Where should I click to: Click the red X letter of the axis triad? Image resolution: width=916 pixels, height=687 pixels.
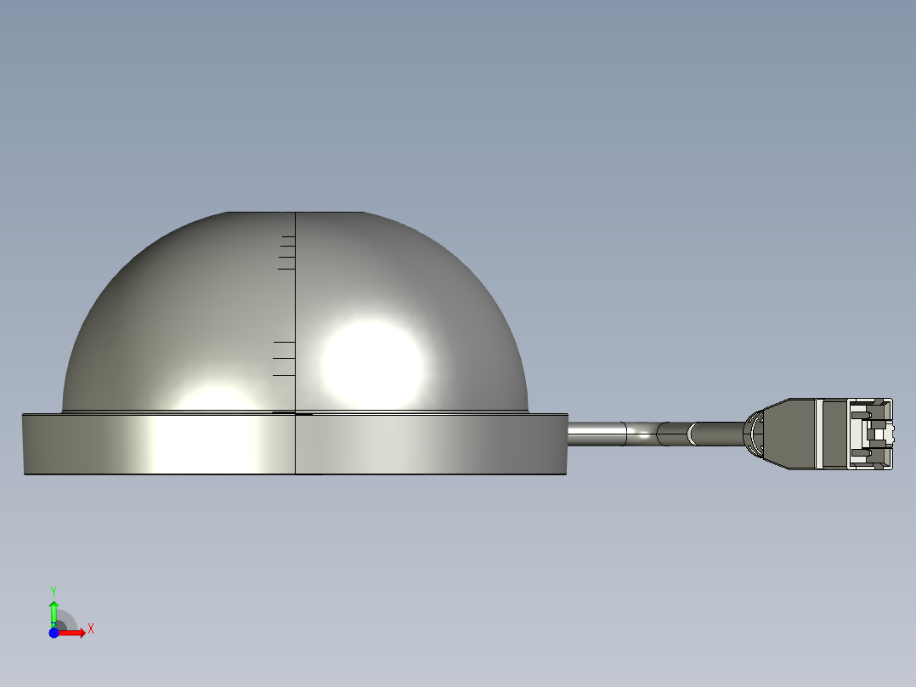tap(91, 629)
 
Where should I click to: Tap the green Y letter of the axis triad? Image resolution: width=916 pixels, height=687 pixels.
tap(54, 591)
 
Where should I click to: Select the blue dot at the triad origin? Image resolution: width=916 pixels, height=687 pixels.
tap(54, 633)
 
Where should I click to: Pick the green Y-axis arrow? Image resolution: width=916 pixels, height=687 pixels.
tap(54, 614)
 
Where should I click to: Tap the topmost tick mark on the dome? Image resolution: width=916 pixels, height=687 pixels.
tap(289, 236)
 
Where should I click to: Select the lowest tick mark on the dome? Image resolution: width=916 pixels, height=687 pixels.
tap(284, 375)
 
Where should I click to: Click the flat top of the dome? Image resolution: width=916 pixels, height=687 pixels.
tap(294, 213)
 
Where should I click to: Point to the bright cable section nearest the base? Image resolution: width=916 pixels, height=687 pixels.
tap(597, 434)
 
